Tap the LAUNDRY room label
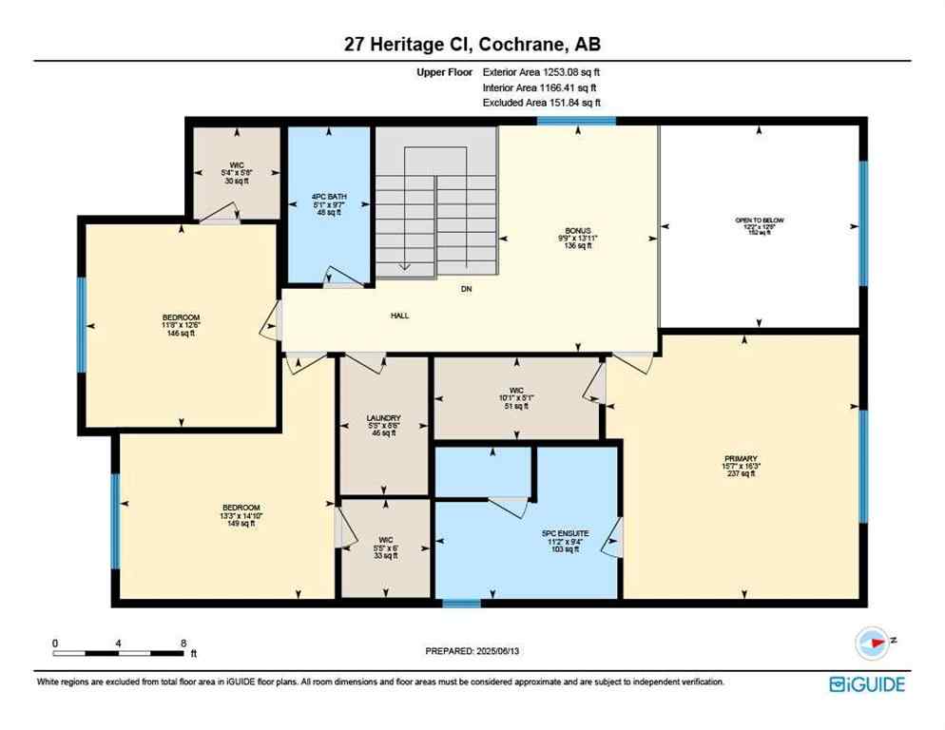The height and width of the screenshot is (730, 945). tap(383, 418)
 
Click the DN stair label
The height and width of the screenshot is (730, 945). tap(466, 289)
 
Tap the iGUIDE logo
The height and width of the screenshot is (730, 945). tap(866, 683)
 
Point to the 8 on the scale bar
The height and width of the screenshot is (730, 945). tap(182, 643)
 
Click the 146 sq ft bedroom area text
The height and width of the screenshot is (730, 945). tap(180, 334)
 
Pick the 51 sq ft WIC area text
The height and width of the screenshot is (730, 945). tap(515, 406)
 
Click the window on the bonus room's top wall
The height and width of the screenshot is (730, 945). tap(575, 121)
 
